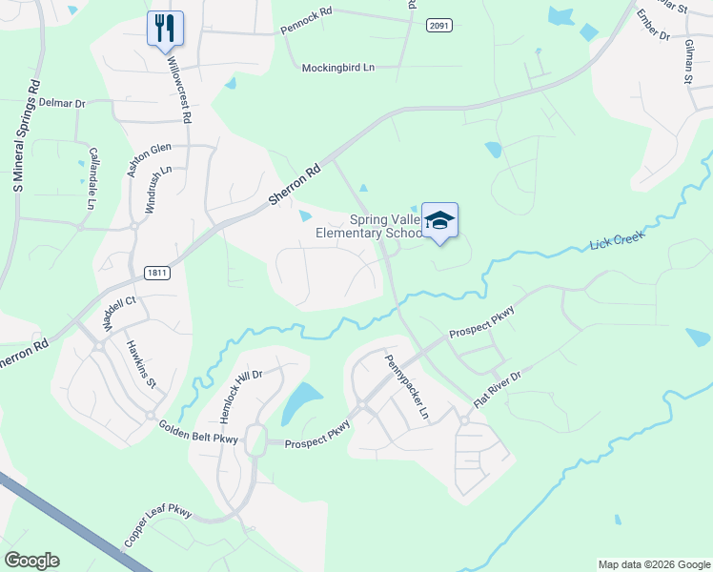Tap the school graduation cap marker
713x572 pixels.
(x=439, y=220)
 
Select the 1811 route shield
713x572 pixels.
(x=157, y=273)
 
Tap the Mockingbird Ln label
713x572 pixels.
(x=338, y=69)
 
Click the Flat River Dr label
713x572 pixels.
(x=497, y=391)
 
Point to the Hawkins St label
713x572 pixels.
(x=141, y=361)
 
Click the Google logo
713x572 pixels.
(x=31, y=561)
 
